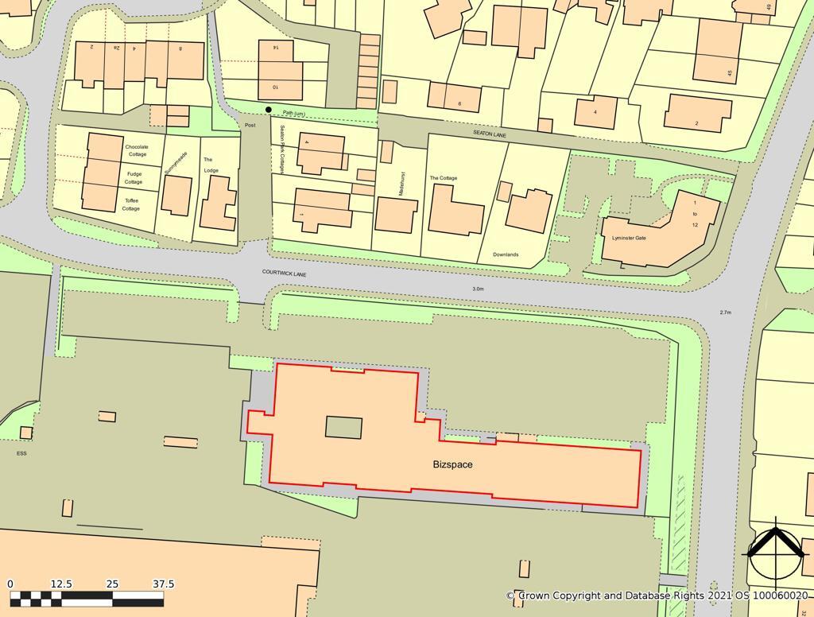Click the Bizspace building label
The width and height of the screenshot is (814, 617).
pyautogui.click(x=452, y=464)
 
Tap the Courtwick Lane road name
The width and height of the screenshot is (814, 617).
pyautogui.click(x=284, y=273)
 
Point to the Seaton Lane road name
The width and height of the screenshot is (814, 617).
pyautogui.click(x=490, y=134)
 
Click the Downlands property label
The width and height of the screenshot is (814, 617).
pyautogui.click(x=506, y=254)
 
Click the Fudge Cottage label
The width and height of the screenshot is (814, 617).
pyautogui.click(x=134, y=177)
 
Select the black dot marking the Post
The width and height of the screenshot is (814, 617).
pyautogui.click(x=269, y=110)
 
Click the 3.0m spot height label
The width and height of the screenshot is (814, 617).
pyautogui.click(x=478, y=289)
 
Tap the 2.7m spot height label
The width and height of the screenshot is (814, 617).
pyautogui.click(x=725, y=312)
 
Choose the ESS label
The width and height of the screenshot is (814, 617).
pyautogui.click(x=21, y=453)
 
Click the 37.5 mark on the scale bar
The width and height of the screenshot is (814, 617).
pyautogui.click(x=163, y=584)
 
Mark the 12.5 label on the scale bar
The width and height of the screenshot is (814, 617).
pyautogui.click(x=61, y=584)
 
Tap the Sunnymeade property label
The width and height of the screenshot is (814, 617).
pyautogui.click(x=171, y=163)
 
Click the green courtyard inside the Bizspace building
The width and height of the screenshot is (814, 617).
pyautogui.click(x=343, y=427)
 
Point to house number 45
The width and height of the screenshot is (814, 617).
pyautogui.click(x=729, y=73)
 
